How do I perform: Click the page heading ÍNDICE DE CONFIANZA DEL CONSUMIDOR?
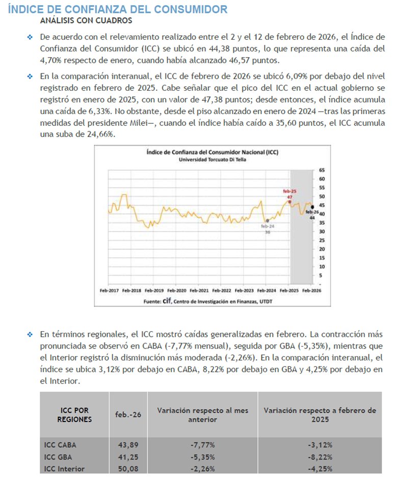point(118,9)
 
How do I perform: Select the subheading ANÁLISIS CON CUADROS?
point(86,21)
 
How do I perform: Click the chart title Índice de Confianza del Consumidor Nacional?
point(212,152)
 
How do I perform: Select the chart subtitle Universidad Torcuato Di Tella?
point(212,159)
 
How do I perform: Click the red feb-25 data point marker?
point(290,202)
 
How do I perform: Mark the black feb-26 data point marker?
point(312,206)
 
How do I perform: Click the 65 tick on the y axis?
point(322,170)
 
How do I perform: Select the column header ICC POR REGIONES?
point(75,415)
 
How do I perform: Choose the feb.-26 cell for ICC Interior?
point(126,469)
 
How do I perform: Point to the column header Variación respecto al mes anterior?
point(187,415)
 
